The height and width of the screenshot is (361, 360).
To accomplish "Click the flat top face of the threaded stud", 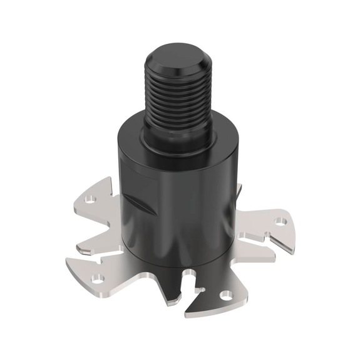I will (177, 58).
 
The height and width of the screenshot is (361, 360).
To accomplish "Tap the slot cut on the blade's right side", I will (263, 241).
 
